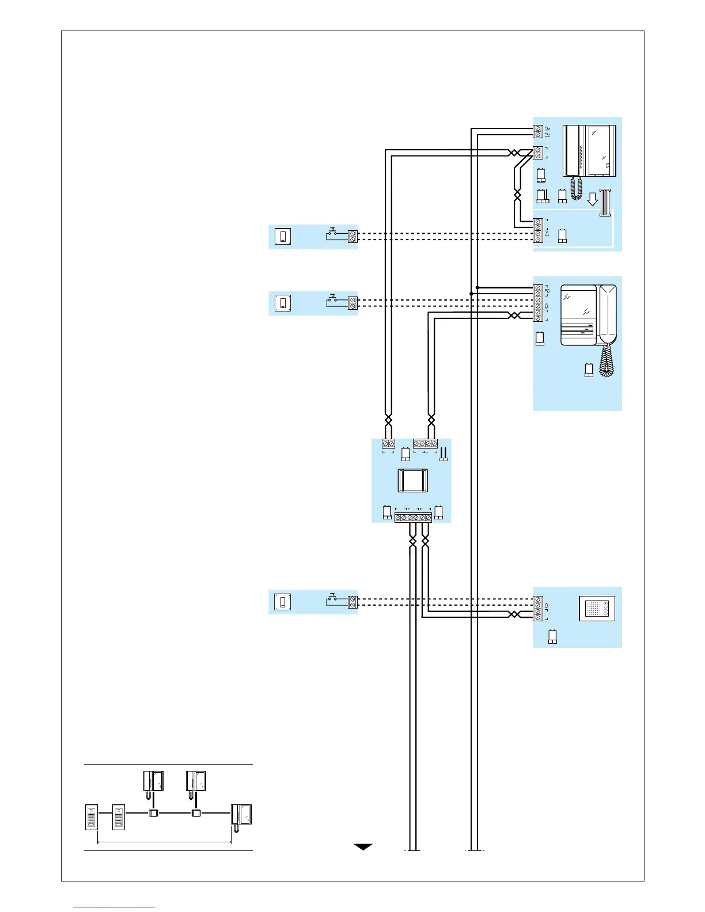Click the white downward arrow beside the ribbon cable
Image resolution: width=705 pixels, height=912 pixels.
[592, 199]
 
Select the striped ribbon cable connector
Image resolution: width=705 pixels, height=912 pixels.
[605, 203]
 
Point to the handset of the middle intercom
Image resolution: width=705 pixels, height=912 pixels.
[608, 314]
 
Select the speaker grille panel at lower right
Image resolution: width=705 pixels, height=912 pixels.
[597, 609]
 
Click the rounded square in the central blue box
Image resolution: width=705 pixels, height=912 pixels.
[412, 481]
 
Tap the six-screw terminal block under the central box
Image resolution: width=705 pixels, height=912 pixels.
[413, 518]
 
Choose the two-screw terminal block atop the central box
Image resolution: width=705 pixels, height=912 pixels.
[389, 443]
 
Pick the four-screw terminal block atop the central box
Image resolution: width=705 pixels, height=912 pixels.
[426, 443]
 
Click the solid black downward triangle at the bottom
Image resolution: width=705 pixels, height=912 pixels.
[363, 847]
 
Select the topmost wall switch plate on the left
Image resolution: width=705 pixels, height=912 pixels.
[283, 236]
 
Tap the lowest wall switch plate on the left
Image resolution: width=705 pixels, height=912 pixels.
[283, 602]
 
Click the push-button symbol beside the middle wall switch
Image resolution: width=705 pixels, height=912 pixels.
[333, 299]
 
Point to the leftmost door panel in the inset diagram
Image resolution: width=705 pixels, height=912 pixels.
[92, 817]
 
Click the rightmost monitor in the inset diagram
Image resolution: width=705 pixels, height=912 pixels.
[241, 815]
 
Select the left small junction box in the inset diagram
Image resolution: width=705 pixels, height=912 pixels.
[153, 814]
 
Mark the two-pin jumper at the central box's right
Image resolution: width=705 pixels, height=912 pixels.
[444, 455]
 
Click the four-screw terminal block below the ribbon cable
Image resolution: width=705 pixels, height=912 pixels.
[538, 230]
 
